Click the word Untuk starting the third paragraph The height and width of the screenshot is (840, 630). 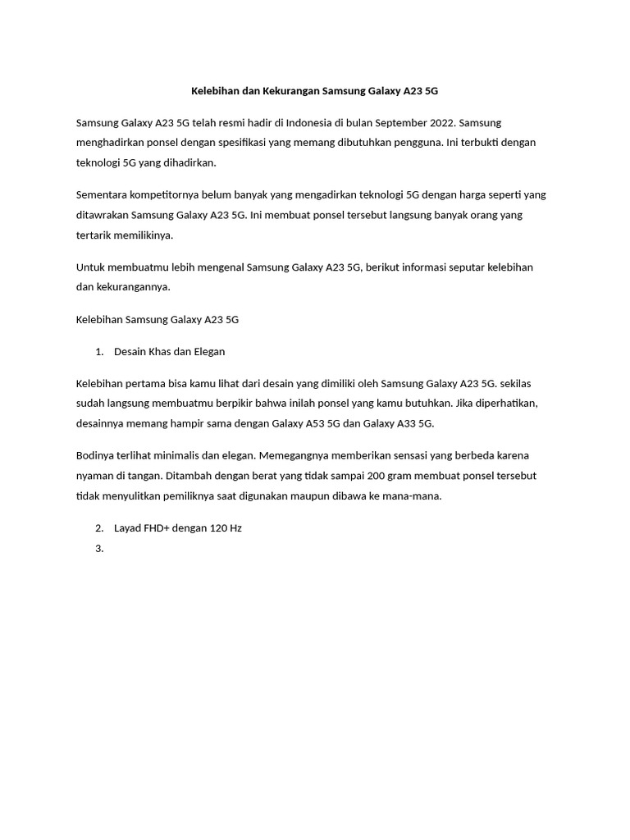tap(90, 267)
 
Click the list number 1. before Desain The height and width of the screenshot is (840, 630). tap(99, 352)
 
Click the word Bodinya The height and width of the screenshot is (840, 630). tap(97, 455)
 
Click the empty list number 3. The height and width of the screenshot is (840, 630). tap(99, 549)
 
